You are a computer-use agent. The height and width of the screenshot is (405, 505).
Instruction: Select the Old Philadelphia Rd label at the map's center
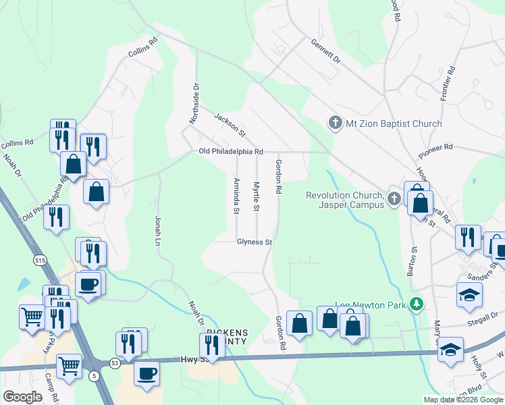coord(231,152)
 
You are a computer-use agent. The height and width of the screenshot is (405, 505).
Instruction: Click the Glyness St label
coord(254,242)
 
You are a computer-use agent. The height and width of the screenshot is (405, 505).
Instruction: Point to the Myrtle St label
coord(257,196)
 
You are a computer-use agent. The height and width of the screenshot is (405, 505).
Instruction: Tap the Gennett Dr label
coord(326,51)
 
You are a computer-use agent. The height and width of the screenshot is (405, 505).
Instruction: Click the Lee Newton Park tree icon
coord(418,305)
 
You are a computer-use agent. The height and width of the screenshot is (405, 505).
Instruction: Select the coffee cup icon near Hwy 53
coord(147,373)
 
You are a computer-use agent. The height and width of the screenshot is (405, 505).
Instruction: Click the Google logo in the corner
coord(22,397)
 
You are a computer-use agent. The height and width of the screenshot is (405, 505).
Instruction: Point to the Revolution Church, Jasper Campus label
coord(344,200)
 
